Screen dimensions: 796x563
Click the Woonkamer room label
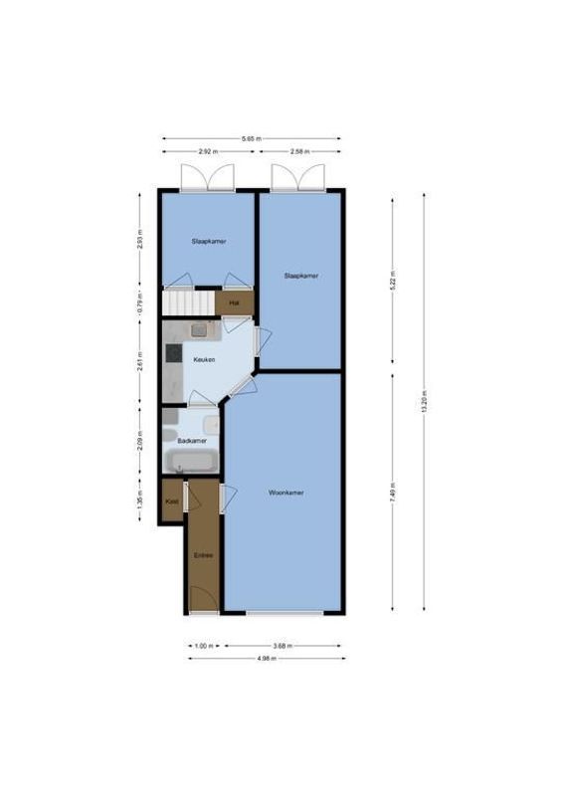(x=285, y=493)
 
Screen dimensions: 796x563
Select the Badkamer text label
(x=191, y=440)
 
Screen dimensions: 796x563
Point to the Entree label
(x=203, y=555)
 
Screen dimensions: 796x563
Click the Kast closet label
(x=171, y=501)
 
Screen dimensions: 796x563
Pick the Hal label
(x=234, y=302)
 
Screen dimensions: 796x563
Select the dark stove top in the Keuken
(x=171, y=351)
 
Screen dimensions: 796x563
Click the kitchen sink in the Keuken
(x=198, y=329)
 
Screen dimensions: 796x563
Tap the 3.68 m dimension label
(x=285, y=646)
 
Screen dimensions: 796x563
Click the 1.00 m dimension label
(x=204, y=646)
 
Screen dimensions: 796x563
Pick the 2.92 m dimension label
(x=207, y=152)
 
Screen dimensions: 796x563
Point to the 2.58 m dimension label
(x=300, y=152)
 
